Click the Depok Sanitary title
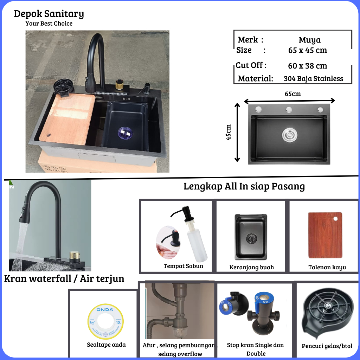tap(49, 14)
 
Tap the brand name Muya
tap(309, 40)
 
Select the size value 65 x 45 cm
tap(308, 50)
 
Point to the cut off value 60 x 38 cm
tap(308, 66)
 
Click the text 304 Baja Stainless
tap(313, 79)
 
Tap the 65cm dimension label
tap(292, 94)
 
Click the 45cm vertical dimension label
tap(229, 132)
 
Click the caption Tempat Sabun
tap(183, 266)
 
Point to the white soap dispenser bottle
tap(197, 243)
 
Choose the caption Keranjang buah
tap(251, 268)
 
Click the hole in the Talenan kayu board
tap(336, 219)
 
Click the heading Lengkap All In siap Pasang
tap(244, 186)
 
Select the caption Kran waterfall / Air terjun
tap(64, 279)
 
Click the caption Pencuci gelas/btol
tap(327, 346)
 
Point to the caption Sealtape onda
tap(106, 345)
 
